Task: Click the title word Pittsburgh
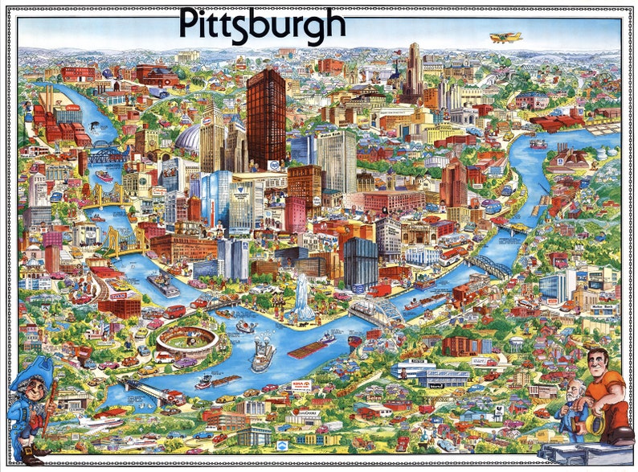262,26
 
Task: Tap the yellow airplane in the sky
506,37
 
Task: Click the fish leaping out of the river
95,126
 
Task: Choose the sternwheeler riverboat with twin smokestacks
263,355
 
